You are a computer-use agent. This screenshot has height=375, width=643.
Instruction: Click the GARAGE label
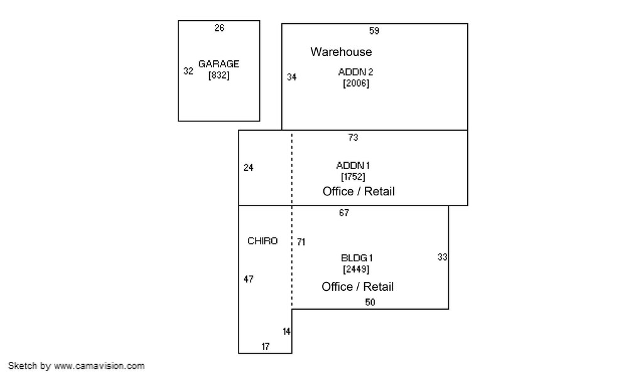point(219,64)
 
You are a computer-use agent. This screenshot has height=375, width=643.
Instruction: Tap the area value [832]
point(219,75)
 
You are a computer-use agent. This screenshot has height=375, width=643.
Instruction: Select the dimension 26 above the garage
point(219,28)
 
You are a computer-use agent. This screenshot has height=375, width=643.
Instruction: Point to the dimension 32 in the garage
point(188,71)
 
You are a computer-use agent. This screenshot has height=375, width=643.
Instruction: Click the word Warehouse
point(341,52)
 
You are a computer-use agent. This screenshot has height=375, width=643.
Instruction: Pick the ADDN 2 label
point(355,72)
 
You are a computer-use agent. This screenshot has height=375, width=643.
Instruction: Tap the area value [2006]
point(356,84)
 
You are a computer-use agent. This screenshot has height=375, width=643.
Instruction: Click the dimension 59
point(374,31)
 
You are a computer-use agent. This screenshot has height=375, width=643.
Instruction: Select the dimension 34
point(291,77)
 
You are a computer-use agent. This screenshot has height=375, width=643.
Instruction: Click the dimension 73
point(353,138)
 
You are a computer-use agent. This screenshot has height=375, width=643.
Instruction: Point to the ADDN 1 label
point(353,166)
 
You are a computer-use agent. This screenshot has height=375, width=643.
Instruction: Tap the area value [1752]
point(353,177)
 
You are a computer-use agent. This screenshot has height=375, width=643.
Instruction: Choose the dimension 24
point(249,167)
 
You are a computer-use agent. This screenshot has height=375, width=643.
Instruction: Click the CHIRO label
point(262,241)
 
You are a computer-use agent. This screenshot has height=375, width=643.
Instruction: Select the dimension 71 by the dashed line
point(301,242)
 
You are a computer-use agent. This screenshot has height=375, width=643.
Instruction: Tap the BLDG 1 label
point(357,258)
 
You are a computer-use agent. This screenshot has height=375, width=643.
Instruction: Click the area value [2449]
point(356,269)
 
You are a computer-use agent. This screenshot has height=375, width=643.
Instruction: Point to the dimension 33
point(442,258)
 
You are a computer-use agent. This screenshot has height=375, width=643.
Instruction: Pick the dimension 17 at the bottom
point(266,347)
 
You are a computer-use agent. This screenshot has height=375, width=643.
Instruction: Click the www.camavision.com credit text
point(99,366)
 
